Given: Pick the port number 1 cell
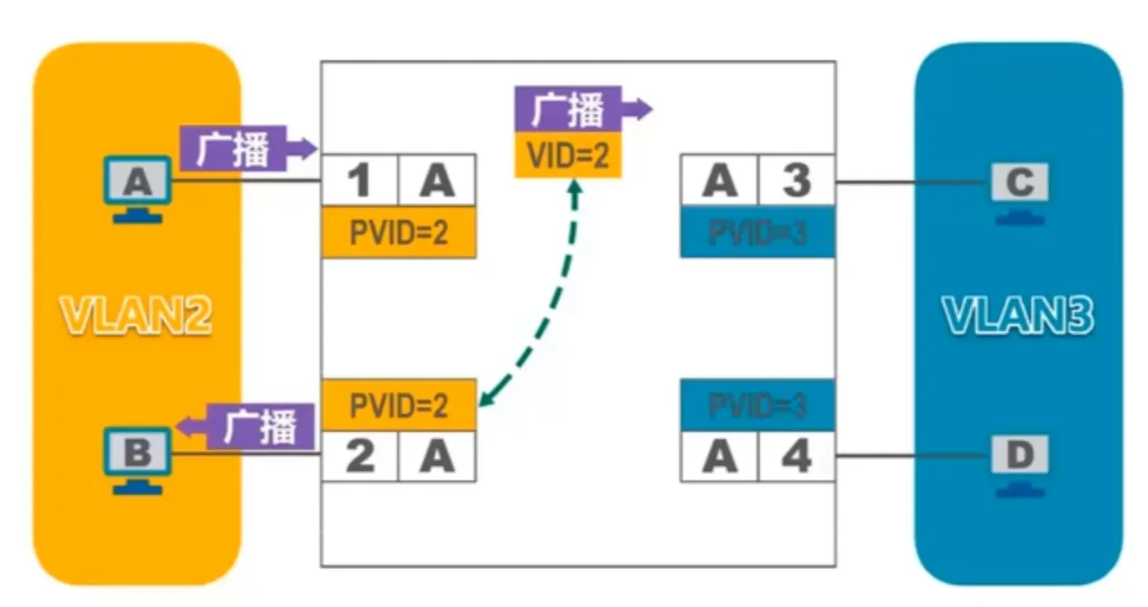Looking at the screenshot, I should tap(359, 182).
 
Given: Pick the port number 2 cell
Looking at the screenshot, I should tap(359, 456).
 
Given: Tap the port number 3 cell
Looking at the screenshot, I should tap(796, 182).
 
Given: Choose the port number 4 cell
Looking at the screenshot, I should tap(796, 456).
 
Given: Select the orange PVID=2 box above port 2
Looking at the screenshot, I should tap(398, 405).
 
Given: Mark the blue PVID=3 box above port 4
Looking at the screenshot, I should tap(756, 405).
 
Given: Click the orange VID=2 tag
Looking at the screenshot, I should tap(568, 156).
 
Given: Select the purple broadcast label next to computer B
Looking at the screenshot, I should tap(259, 427).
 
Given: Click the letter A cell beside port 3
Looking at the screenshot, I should tap(720, 182).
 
